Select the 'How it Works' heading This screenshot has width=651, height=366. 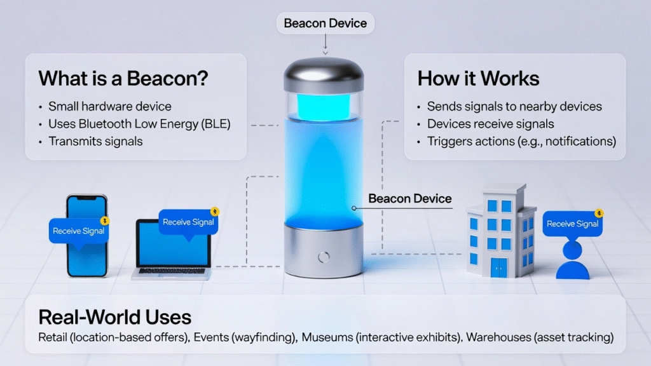click(x=478, y=78)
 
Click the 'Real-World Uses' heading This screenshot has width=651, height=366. click(x=114, y=317)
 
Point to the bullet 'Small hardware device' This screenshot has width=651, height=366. click(x=109, y=106)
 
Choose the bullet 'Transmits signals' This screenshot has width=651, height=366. click(x=95, y=141)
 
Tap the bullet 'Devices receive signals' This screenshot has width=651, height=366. click(x=490, y=124)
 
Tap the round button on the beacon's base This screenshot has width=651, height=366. click(x=324, y=257)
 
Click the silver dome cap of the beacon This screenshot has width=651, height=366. click(x=324, y=73)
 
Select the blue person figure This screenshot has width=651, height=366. click(x=573, y=261)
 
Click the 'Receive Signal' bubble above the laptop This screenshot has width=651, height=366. click(x=188, y=222)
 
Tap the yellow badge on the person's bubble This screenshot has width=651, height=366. click(x=600, y=214)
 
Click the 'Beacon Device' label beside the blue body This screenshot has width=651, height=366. click(x=409, y=199)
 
